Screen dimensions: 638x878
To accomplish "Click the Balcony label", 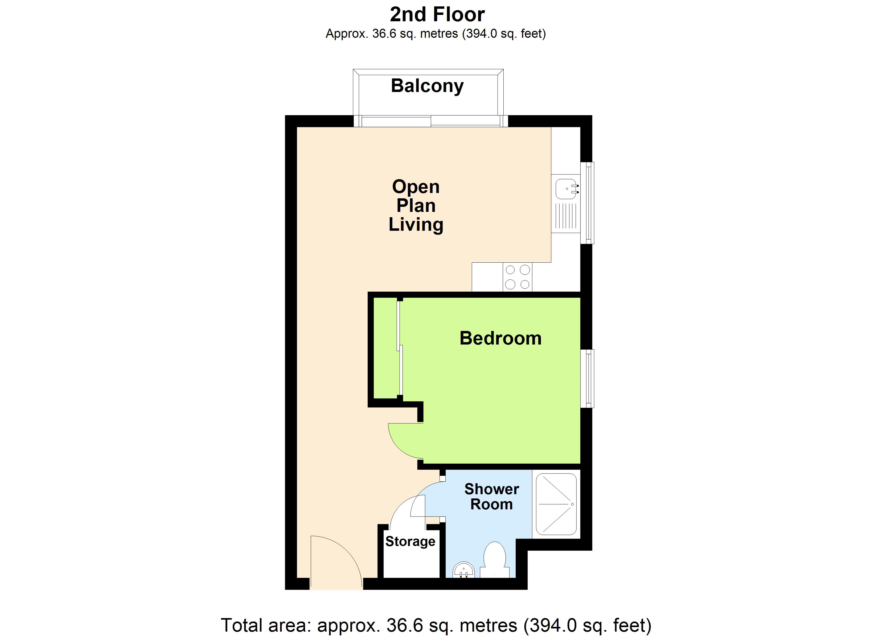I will pos(427,86).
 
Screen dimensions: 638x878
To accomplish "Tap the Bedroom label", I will pos(500,338).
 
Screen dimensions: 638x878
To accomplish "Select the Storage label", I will pos(410,541).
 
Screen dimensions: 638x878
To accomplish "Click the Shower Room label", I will pos(491,497).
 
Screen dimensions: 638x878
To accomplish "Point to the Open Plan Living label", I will pos(416,205).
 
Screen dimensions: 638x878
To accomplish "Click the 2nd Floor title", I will pos(437,15).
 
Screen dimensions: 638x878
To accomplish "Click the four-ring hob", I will pos(517,277).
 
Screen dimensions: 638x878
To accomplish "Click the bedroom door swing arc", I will pos(403,441).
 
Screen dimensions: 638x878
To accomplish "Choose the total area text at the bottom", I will pos(436,625).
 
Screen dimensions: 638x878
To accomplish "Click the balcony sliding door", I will pos(430,121).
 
